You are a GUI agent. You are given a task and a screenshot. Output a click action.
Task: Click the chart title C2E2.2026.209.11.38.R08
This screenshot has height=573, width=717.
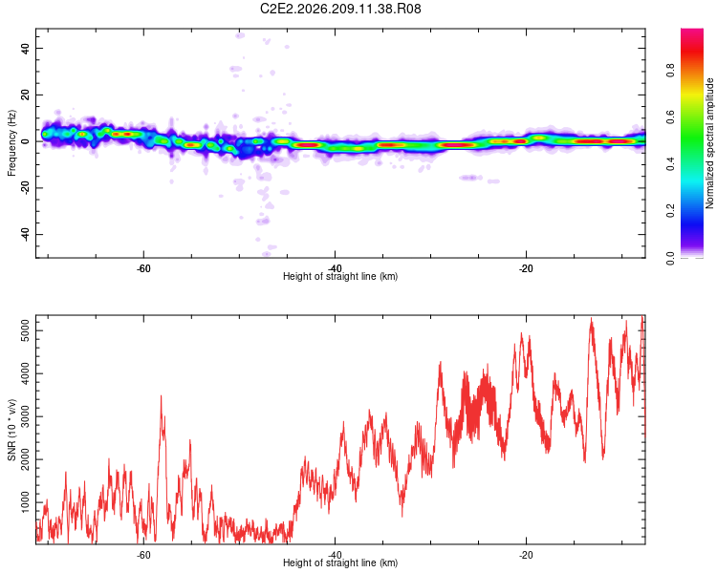click(x=340, y=9)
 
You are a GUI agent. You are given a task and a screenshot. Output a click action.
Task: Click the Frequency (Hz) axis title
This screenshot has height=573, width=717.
click(x=11, y=143)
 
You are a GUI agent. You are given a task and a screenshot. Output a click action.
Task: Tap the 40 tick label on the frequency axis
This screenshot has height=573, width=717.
click(x=26, y=48)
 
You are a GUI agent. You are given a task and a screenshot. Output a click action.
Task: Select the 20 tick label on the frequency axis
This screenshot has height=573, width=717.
click(x=26, y=95)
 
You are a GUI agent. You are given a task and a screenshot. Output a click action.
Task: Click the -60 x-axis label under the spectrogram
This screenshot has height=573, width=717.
click(x=143, y=268)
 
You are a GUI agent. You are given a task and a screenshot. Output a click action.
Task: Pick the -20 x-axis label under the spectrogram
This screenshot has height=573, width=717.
click(x=526, y=268)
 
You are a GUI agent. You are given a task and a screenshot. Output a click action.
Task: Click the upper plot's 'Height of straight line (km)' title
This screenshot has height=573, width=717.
click(x=340, y=276)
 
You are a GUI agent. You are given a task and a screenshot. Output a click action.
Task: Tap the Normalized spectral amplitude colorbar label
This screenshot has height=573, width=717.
click(x=709, y=143)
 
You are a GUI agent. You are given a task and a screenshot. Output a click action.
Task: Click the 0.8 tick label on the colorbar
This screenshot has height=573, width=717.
click(x=670, y=71)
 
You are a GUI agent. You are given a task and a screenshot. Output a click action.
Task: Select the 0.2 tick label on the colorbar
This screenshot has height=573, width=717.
click(x=670, y=211)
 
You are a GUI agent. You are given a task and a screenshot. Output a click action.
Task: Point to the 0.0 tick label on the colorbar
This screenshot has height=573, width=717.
click(x=670, y=258)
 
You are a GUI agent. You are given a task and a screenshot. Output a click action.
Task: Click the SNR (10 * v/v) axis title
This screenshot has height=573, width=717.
click(x=11, y=430)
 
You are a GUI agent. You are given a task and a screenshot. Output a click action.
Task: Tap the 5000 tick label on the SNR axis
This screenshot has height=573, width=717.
click(x=26, y=330)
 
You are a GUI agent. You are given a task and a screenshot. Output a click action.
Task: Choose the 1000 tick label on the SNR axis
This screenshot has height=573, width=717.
click(x=26, y=502)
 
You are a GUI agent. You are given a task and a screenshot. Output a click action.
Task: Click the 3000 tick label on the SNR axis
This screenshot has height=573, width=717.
click(x=26, y=416)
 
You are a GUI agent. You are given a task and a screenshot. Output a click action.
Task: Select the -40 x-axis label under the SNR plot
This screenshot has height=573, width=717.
click(x=335, y=555)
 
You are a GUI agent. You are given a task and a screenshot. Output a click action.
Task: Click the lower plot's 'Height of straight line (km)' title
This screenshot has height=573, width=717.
click(x=340, y=562)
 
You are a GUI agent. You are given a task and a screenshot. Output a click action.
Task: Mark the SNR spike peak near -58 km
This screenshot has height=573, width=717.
click(x=161, y=396)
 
